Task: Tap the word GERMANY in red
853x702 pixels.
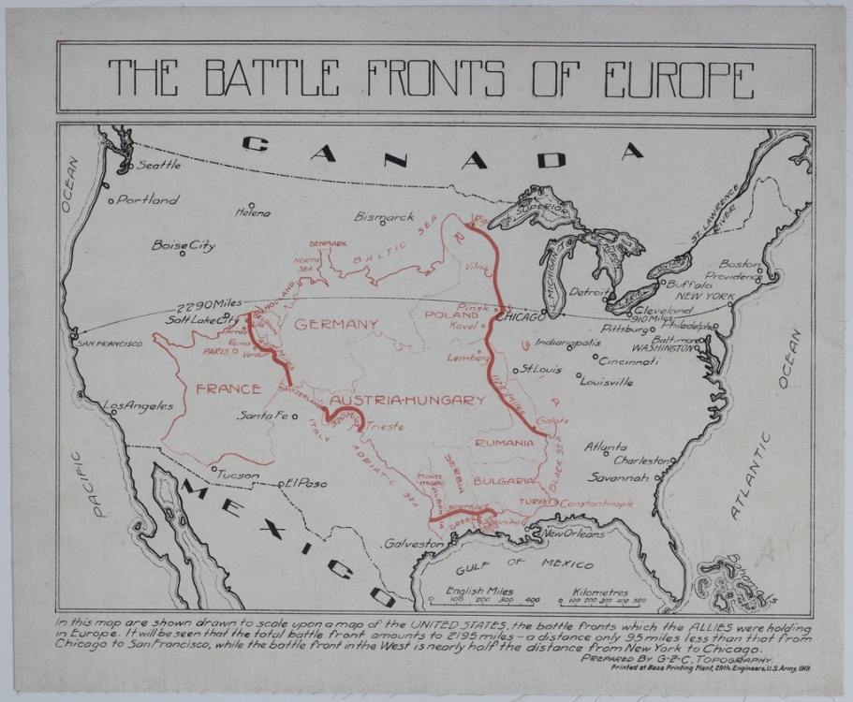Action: (x=336, y=324)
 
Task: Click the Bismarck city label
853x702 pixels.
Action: (x=384, y=216)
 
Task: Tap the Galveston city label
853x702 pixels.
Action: (x=413, y=543)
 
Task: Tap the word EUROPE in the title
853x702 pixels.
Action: (x=667, y=80)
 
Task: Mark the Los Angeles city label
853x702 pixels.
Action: (x=139, y=406)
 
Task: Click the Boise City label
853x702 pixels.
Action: (x=184, y=245)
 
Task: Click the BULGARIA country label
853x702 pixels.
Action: (x=505, y=480)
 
